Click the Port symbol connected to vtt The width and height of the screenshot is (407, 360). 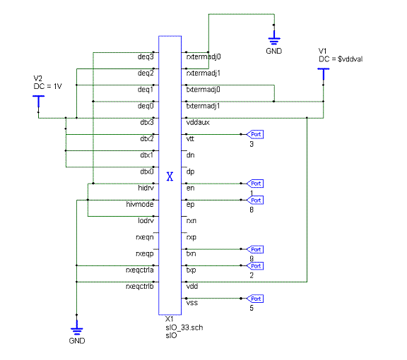pos(255,134)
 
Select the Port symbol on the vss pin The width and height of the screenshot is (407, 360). pos(255,299)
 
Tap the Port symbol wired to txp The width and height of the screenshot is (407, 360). pos(255,266)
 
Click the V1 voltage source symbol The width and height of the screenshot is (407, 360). pos(324,74)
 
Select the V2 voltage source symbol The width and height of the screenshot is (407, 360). pos(39,102)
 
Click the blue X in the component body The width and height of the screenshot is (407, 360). pos(170,176)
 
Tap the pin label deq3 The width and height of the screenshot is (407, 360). pos(146,56)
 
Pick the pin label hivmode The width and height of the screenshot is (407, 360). pos(140,205)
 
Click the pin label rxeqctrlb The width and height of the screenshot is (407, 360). pos(140,287)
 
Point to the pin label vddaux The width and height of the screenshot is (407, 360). pos(198,122)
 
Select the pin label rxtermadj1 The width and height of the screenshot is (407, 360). pos(203,73)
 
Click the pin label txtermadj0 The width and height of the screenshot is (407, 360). pos(203,90)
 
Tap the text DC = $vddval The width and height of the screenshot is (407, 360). pos(341,59)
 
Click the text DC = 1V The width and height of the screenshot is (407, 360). pos(47,86)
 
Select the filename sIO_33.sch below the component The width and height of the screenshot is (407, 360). pos(184,328)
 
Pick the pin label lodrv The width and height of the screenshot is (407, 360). pos(146,221)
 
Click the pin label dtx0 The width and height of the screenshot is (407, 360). pos(147,172)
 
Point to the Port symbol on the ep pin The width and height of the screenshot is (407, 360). pos(255,200)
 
